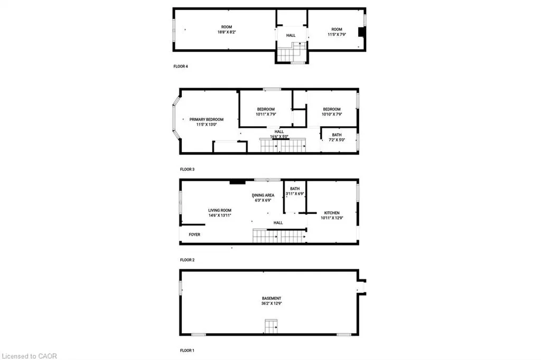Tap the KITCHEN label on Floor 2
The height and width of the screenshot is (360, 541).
pyautogui.click(x=331, y=213)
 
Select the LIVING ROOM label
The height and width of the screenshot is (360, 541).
pyautogui.click(x=219, y=211)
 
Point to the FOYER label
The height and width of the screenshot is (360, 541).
pyautogui.click(x=194, y=234)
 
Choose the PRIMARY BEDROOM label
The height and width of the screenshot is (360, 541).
pyautogui.click(x=206, y=119)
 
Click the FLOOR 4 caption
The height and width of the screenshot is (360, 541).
pyautogui.click(x=181, y=67)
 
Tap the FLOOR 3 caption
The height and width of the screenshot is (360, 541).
pyautogui.click(x=187, y=169)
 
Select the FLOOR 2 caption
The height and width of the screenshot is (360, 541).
pyautogui.click(x=187, y=260)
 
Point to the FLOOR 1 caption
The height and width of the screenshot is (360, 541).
pyautogui.click(x=187, y=350)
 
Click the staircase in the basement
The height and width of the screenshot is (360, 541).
pyautogui.click(x=271, y=327)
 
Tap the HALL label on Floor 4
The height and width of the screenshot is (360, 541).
pyautogui.click(x=291, y=35)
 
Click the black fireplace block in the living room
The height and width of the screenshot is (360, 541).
pyautogui.click(x=237, y=183)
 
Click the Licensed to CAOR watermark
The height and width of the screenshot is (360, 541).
pyautogui.click(x=29, y=356)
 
